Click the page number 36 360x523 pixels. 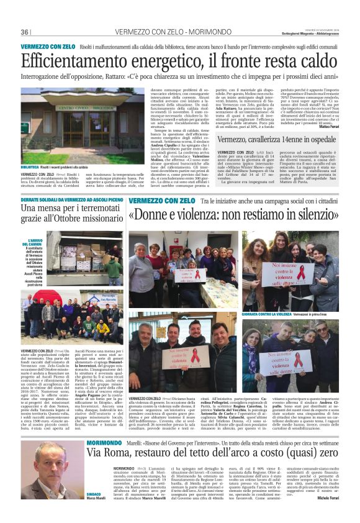[x=25, y=32]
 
